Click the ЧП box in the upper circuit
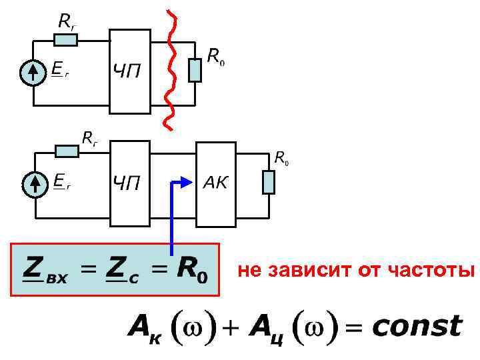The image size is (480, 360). [129, 71]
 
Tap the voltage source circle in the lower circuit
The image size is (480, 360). [33, 185]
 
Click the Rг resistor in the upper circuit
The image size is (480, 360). [65, 40]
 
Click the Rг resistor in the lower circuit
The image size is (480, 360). [67, 151]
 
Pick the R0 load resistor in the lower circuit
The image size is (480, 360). [268, 182]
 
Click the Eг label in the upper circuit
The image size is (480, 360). [59, 70]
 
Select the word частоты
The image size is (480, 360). [438, 271]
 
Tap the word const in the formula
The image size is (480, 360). [417, 327]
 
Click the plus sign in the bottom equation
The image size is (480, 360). [231, 327]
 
